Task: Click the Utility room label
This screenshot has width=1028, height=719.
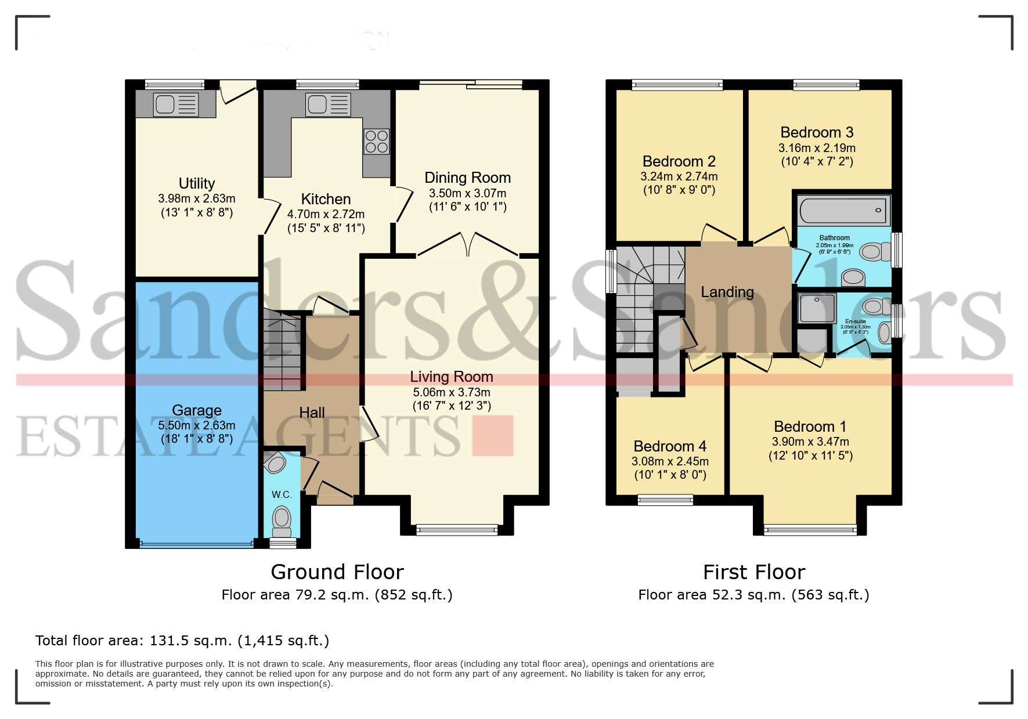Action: point(197,183)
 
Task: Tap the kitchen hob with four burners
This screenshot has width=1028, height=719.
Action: point(376,141)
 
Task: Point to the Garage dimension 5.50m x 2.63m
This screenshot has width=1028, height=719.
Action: point(197,425)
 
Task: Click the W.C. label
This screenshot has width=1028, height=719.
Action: point(282,494)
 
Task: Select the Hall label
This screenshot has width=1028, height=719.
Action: point(312,413)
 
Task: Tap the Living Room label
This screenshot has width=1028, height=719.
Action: point(452,377)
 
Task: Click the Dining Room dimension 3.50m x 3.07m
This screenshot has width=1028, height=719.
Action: point(467,193)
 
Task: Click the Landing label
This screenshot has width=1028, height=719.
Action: point(727,292)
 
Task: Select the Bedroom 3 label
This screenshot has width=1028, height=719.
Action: point(817,132)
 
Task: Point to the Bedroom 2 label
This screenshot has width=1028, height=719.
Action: point(679,161)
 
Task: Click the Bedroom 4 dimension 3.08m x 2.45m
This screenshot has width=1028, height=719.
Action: point(670,461)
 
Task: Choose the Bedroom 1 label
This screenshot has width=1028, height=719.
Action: point(810,427)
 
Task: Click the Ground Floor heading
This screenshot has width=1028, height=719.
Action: point(337,572)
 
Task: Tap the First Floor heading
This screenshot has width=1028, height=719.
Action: point(753,572)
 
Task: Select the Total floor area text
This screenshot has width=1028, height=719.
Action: point(182,641)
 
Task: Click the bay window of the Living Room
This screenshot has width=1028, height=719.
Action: point(457,529)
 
